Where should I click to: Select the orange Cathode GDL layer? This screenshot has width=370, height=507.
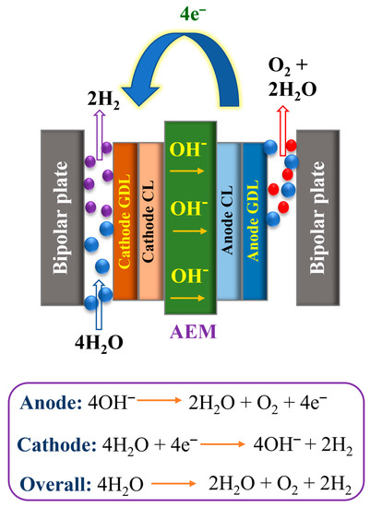(x=125, y=221)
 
